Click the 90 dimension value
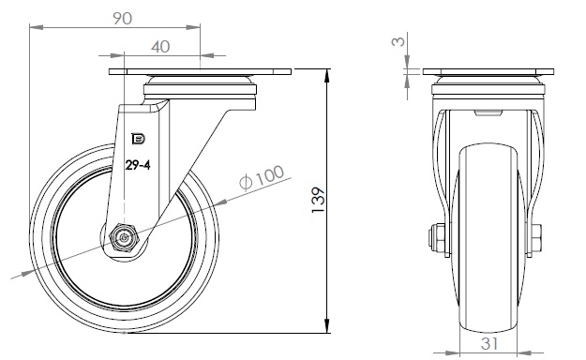click(x=123, y=19)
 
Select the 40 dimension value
click(x=160, y=47)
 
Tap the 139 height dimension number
click(x=319, y=200)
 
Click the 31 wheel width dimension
click(x=489, y=344)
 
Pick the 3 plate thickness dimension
click(x=398, y=40)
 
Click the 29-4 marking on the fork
click(x=138, y=165)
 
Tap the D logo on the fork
click(x=138, y=139)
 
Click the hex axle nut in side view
click(x=124, y=237)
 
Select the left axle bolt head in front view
click(x=437, y=238)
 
